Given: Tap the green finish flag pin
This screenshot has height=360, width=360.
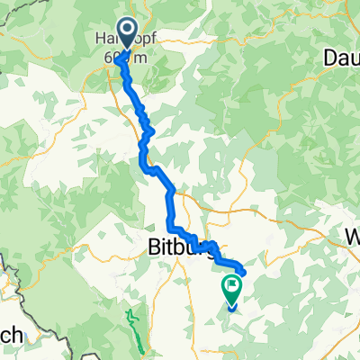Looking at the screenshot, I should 231,290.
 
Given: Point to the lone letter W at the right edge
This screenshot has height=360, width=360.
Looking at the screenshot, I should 352,237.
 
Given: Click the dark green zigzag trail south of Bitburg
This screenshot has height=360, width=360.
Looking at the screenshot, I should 135,328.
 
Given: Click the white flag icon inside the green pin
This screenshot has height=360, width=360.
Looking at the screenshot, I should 232,287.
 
